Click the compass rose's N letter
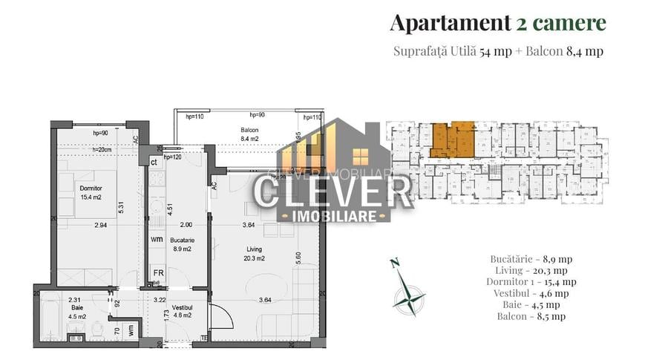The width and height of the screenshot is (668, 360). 394,262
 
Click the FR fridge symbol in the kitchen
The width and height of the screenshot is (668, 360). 157,272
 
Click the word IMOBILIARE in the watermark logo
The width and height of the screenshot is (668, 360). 333,215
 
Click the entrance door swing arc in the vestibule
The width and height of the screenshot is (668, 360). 221,317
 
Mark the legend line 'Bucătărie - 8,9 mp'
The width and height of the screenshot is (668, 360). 531,259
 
